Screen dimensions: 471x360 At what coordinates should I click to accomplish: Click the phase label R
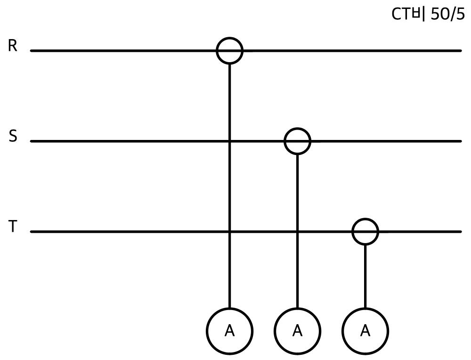[x=13, y=46]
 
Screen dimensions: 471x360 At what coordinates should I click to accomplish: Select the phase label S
[x=13, y=136]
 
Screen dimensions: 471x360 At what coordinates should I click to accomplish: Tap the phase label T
[x=13, y=226]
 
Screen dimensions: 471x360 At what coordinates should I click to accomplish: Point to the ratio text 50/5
[x=447, y=14]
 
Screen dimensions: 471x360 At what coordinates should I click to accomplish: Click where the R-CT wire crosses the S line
[x=229, y=141]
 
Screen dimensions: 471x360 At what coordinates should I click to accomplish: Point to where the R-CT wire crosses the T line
[x=229, y=231]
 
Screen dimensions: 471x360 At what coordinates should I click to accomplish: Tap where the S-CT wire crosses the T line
[x=297, y=231]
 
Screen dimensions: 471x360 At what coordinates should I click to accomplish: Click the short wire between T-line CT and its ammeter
[x=365, y=277]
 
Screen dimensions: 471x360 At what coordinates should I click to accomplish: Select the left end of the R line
[x=31, y=51]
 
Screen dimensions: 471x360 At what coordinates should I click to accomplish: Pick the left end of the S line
[x=31, y=141]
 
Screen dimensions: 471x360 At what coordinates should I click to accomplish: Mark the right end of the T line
[x=461, y=232]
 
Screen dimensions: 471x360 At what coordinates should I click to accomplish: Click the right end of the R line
[x=461, y=51]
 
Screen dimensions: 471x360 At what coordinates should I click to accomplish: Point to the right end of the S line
[x=461, y=141]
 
